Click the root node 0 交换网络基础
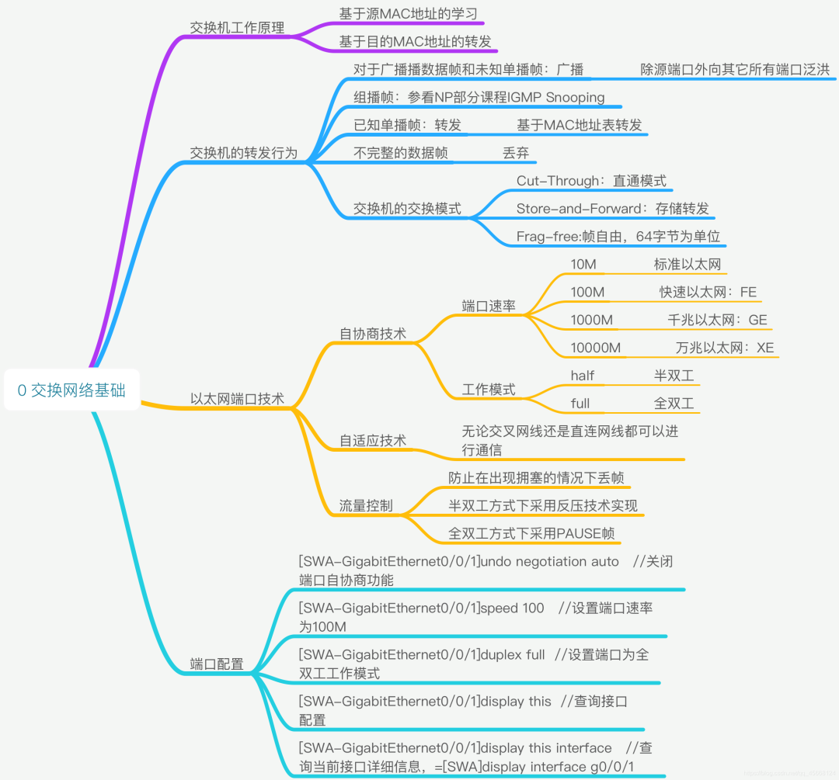(x=71, y=390)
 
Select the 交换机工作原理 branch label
(x=237, y=27)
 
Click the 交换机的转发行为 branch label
(x=243, y=152)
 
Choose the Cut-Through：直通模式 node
(x=591, y=181)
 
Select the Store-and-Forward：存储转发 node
(x=612, y=209)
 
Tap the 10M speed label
(x=583, y=265)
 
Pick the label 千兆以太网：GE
(x=717, y=320)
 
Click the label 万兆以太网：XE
(x=724, y=348)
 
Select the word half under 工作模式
(x=582, y=376)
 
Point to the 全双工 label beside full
(x=674, y=404)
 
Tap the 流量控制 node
(x=365, y=506)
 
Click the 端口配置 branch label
(x=217, y=664)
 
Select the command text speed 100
(x=513, y=608)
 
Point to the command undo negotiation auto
(x=550, y=561)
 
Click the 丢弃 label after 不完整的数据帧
(x=516, y=153)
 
